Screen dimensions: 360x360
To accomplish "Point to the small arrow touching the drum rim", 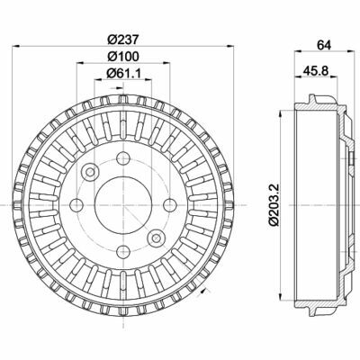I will click(x=206, y=292).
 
